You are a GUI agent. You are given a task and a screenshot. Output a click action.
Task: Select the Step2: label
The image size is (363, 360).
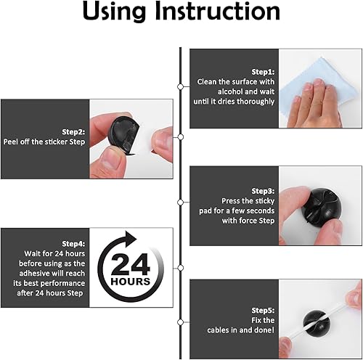[x=17, y=132]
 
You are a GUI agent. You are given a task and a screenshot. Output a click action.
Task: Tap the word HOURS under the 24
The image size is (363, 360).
[x=131, y=281]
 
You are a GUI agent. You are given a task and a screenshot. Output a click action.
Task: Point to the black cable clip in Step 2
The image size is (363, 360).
[x=120, y=134]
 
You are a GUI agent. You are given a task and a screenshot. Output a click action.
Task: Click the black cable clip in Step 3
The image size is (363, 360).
[x=320, y=206]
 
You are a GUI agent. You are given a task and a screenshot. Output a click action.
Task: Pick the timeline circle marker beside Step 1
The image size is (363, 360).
[x=180, y=86]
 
